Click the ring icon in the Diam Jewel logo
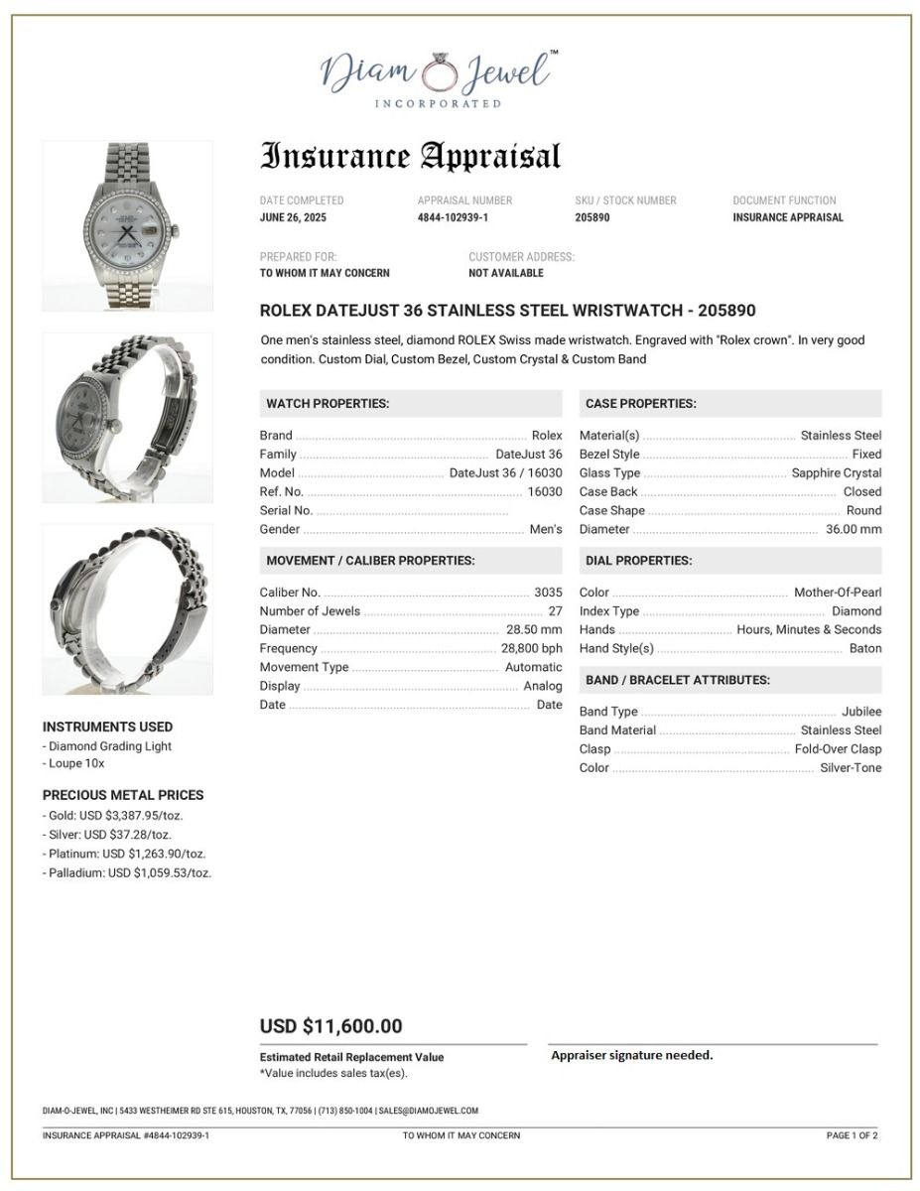click(437, 71)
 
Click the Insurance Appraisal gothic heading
click(410, 157)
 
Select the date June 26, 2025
click(293, 217)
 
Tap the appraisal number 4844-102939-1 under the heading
click(453, 217)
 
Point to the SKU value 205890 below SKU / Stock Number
click(592, 217)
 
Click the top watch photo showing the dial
click(127, 226)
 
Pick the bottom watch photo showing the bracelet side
click(127, 608)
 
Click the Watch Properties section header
click(328, 404)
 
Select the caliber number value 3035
click(548, 593)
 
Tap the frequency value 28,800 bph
click(531, 649)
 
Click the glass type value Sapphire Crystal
click(836, 473)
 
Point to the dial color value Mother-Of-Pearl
click(837, 593)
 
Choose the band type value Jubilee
click(860, 712)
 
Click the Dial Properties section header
click(638, 561)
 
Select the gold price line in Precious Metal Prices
click(113, 816)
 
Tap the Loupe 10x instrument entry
click(74, 764)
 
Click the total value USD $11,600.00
click(330, 1026)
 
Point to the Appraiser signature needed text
click(631, 1055)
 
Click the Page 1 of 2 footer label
click(852, 1135)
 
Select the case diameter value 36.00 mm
click(853, 530)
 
